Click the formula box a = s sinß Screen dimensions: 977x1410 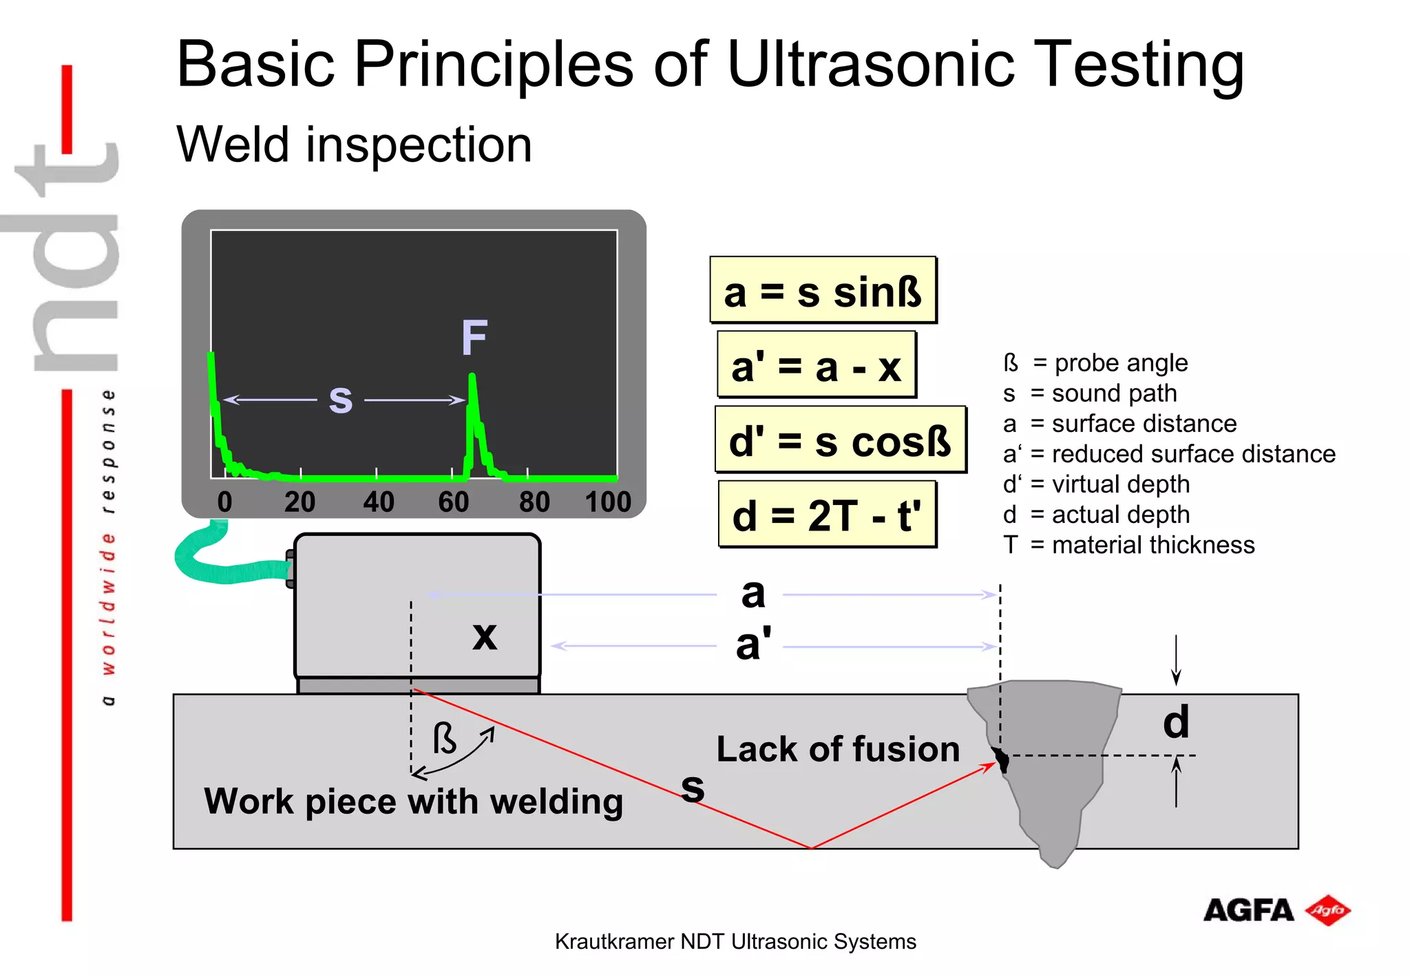coord(823,290)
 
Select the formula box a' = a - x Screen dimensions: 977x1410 coord(817,365)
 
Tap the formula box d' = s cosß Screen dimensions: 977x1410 coord(840,440)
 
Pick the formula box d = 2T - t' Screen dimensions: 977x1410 coord(827,515)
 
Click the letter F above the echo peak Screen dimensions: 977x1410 coord(474,338)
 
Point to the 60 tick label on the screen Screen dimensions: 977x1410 coord(454,502)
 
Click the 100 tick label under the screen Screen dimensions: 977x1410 coord(608,502)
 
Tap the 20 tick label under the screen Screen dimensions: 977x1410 coord(299,502)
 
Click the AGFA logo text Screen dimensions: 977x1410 coord(1248,910)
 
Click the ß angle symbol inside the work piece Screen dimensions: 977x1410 coord(444,739)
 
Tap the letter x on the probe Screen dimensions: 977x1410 coord(485,635)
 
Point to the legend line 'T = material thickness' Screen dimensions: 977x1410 coord(1128,545)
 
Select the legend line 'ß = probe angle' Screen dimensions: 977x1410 coord(1095,363)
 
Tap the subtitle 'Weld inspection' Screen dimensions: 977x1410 coord(354,145)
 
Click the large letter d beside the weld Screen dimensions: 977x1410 coord(1176,722)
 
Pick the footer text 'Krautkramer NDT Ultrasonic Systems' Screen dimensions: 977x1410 coord(735,942)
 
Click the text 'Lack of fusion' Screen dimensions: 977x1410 coord(838,749)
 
